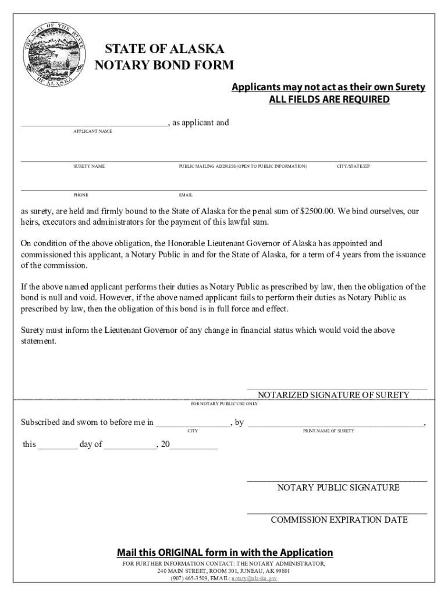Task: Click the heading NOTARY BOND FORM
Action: (x=164, y=65)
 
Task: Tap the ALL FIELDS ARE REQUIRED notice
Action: (x=329, y=100)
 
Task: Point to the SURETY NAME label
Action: (x=89, y=166)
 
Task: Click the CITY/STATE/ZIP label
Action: (x=353, y=166)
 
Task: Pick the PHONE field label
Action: (x=81, y=195)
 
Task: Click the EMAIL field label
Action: (x=186, y=195)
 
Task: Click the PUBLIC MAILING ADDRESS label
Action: (x=243, y=166)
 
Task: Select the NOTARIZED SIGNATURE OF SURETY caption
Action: (x=333, y=395)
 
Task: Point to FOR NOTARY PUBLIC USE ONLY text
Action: (x=225, y=403)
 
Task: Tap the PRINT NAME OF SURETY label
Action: (x=328, y=431)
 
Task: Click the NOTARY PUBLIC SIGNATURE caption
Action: (x=338, y=488)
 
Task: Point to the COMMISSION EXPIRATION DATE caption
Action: (x=339, y=520)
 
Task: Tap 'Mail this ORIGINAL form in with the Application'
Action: (x=225, y=552)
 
